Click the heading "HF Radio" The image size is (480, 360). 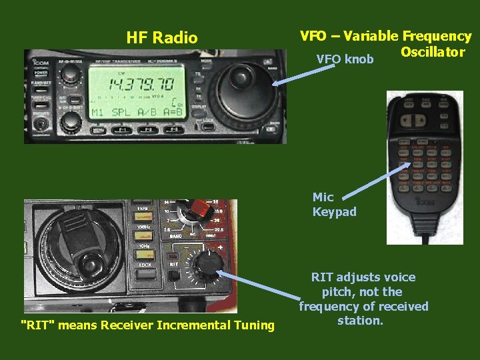[162, 37]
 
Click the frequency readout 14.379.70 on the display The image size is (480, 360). [124, 84]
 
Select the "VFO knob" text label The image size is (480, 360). [345, 59]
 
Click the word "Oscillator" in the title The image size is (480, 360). [433, 51]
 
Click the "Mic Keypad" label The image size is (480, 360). [334, 205]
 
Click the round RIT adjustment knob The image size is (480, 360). [207, 265]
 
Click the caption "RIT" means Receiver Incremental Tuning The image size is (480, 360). [148, 325]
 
